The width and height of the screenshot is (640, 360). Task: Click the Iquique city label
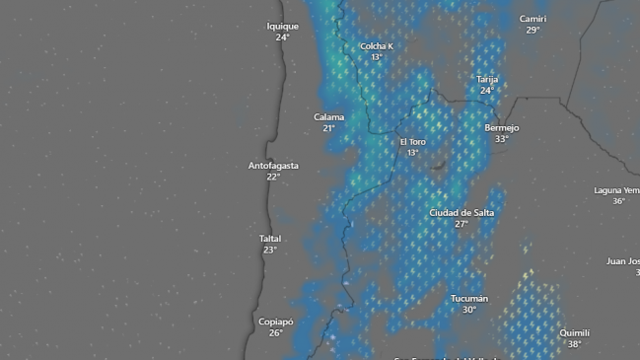click(282, 27)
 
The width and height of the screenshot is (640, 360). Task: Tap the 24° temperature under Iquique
click(282, 37)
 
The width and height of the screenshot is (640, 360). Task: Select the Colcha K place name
click(376, 46)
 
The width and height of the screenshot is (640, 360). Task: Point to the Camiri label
click(533, 19)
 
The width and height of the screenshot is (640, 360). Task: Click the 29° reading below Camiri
click(533, 30)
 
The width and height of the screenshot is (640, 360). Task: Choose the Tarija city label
click(487, 79)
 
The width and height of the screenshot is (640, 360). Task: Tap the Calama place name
click(329, 117)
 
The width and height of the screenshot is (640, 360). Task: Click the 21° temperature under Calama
click(329, 128)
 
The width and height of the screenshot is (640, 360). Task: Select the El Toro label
click(412, 142)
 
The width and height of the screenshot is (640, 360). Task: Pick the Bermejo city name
click(501, 128)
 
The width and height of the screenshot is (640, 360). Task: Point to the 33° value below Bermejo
click(501, 139)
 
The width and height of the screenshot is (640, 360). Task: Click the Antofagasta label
click(273, 166)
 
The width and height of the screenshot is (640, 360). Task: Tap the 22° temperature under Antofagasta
click(273, 177)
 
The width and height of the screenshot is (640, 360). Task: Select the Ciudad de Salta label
click(462, 213)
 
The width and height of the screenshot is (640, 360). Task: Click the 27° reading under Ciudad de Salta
click(462, 224)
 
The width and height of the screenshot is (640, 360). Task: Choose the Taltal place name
click(270, 239)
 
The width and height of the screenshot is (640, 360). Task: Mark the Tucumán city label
click(469, 299)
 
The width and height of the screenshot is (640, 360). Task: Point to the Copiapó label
click(275, 322)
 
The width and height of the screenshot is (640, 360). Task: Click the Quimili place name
click(574, 333)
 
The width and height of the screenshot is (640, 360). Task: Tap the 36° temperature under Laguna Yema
click(618, 201)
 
